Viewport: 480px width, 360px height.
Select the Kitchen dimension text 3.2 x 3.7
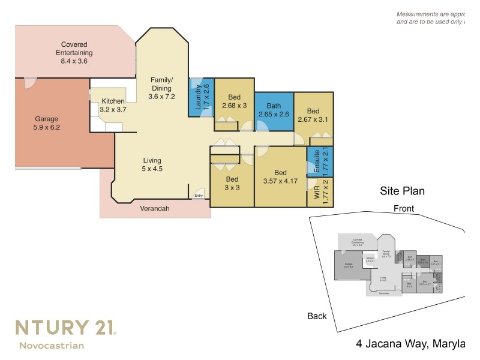point(113,110)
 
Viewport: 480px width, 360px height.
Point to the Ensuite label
point(312,163)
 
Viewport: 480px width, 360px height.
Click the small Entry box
point(199,196)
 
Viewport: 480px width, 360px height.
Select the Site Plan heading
point(402,191)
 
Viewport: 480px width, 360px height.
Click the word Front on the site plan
point(403,208)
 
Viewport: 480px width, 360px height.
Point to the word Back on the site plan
point(317,316)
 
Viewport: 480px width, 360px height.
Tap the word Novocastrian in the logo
point(52,345)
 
